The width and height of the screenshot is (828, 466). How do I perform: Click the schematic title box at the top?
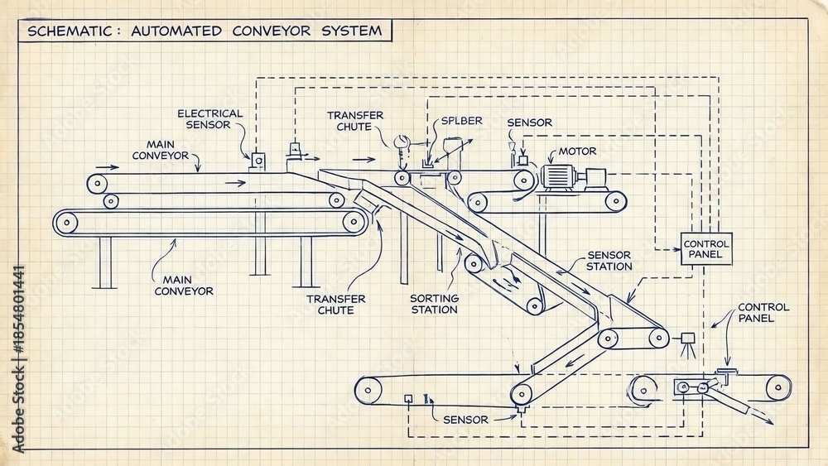[x=205, y=31]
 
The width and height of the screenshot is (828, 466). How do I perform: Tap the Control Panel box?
[x=706, y=249]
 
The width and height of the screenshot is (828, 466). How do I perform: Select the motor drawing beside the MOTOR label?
[x=573, y=177]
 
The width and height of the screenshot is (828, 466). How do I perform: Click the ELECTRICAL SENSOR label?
[x=209, y=119]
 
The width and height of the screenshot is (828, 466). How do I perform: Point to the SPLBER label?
[x=461, y=121]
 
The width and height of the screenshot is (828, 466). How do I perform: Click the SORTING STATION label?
[x=434, y=304]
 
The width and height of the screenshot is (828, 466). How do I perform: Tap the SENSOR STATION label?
[x=609, y=261]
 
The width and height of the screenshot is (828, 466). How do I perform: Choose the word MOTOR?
[x=577, y=151]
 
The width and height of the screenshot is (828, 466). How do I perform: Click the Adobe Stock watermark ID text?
[x=18, y=359]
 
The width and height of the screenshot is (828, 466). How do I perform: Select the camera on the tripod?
[x=687, y=344]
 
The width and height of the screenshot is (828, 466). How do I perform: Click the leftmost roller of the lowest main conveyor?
[x=66, y=223]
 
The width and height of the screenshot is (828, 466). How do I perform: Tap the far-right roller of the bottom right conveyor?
[x=777, y=388]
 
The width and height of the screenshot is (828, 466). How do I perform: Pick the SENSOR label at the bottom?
[x=465, y=420]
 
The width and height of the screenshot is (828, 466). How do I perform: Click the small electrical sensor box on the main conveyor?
[x=258, y=161]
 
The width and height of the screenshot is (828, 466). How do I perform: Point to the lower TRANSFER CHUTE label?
[x=336, y=305]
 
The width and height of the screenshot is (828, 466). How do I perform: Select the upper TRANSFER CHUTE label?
[x=355, y=121]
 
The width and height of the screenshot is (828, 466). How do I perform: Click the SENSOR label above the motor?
[x=529, y=123]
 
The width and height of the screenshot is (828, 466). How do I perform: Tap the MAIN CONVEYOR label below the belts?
[x=184, y=286]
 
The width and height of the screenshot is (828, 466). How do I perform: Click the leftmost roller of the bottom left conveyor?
[x=368, y=391]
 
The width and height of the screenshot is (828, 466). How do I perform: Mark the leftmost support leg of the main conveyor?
[x=105, y=262]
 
